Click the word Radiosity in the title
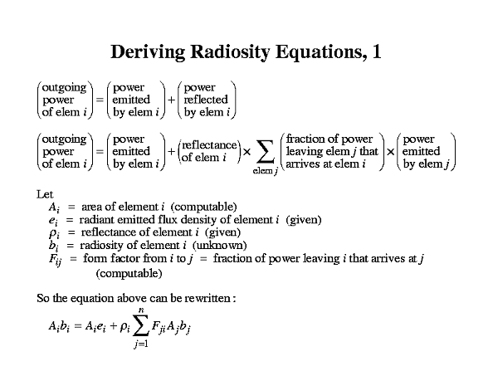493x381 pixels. point(230,52)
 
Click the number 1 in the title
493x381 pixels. point(377,51)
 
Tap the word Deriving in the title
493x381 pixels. point(148,52)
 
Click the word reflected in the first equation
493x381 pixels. point(206,100)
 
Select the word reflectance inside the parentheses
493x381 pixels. point(209,145)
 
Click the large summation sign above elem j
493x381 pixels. point(265,152)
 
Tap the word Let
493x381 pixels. point(45,194)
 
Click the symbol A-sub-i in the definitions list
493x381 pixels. point(54,208)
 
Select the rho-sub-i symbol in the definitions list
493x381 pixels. point(54,233)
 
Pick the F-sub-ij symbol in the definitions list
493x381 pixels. point(56,260)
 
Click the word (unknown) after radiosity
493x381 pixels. point(219,245)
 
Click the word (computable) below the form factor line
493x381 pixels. point(129,273)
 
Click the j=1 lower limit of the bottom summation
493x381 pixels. point(141,344)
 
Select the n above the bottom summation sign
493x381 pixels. point(141,310)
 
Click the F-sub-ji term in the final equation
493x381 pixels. point(159,326)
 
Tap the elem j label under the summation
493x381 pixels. point(265,171)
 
